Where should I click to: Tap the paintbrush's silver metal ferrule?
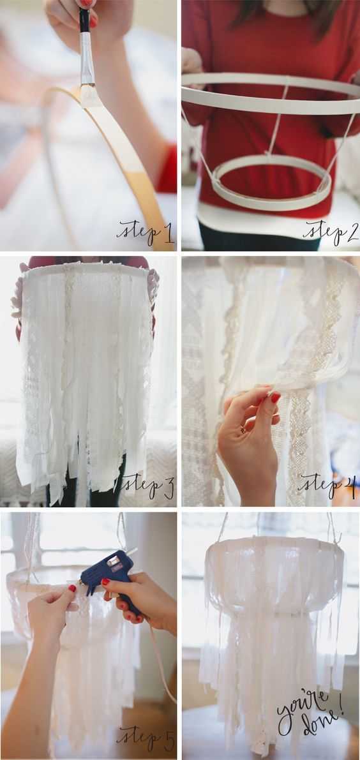click(87, 61)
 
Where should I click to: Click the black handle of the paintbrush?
click(85, 19)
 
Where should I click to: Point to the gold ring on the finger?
click(243, 428)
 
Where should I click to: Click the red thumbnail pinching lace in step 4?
click(275, 398)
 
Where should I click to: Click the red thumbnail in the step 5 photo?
click(72, 588)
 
